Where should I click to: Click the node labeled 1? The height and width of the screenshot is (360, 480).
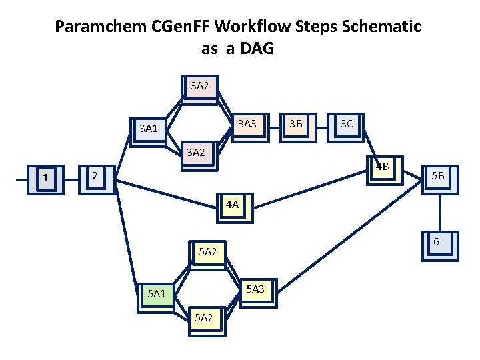click(46, 179)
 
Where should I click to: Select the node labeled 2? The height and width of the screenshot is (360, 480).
click(96, 177)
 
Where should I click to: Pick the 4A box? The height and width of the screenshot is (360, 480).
click(233, 206)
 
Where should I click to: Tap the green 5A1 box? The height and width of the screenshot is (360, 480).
click(157, 294)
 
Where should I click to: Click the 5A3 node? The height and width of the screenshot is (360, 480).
click(256, 290)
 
